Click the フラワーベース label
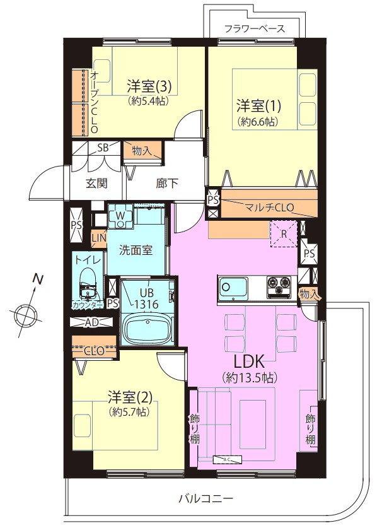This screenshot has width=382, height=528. (x=255, y=29)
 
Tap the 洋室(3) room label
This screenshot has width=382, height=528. (x=149, y=86)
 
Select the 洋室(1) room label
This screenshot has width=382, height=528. (x=258, y=106)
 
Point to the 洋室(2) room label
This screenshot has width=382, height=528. (x=130, y=397)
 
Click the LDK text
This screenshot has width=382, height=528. (x=250, y=362)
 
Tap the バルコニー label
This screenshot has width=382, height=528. (x=206, y=498)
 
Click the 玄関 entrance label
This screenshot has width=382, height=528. (x=96, y=184)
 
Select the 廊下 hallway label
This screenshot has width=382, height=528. (x=167, y=184)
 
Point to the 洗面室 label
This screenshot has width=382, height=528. (x=136, y=250)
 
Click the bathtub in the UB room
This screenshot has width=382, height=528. (x=148, y=329)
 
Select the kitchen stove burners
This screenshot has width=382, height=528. (x=279, y=287)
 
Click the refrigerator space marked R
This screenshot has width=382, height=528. (x=284, y=234)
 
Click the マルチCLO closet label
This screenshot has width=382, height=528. (x=269, y=207)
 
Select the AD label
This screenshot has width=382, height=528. (x=91, y=323)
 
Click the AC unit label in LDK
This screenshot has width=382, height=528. (x=228, y=459)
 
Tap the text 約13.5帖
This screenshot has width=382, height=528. (x=250, y=378)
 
